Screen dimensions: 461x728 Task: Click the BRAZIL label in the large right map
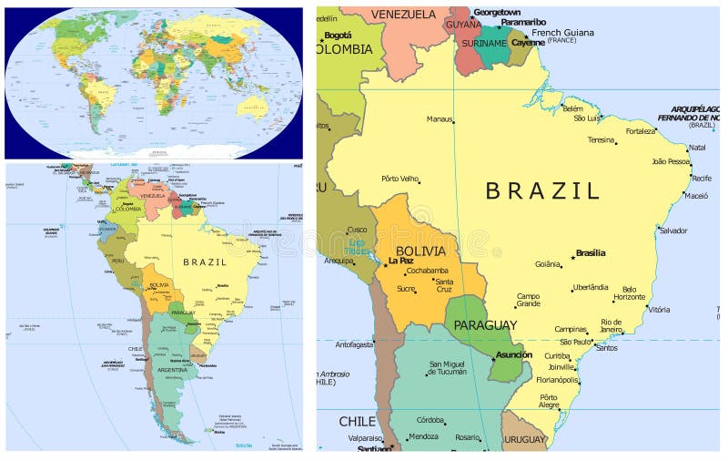pos(542,191)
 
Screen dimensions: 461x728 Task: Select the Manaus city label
pos(440,119)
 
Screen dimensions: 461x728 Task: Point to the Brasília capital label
pos(591,253)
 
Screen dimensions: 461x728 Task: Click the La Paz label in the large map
pos(400,261)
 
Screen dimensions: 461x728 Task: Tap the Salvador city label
pos(673,230)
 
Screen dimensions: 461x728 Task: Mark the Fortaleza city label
pos(641,131)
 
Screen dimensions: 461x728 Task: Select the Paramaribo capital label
pos(523,22)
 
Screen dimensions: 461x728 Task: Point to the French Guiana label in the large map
pos(562,33)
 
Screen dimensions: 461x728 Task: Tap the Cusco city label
pos(358,230)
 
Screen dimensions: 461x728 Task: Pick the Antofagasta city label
pos(355,344)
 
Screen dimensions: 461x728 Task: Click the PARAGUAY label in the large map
pos(485,325)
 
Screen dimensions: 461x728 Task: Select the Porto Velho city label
pos(400,179)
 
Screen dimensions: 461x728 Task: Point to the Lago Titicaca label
pos(358,247)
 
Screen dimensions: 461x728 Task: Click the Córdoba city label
pos(430,420)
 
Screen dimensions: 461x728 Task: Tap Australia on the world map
pos(251,108)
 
